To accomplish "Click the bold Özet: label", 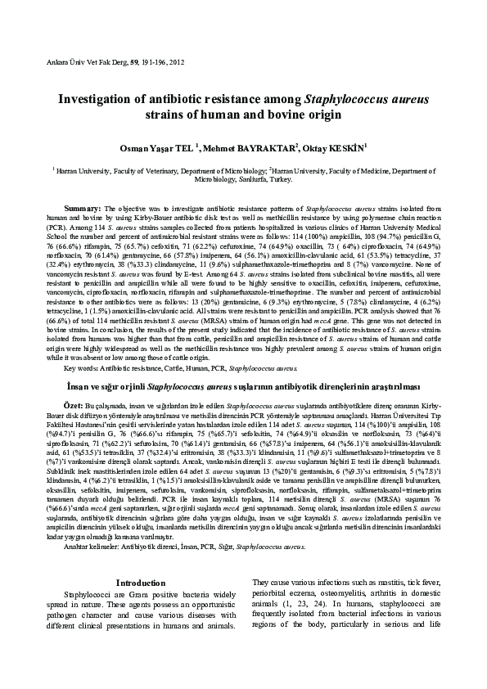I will tap(74, 405).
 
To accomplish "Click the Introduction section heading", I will tap(141, 583).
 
